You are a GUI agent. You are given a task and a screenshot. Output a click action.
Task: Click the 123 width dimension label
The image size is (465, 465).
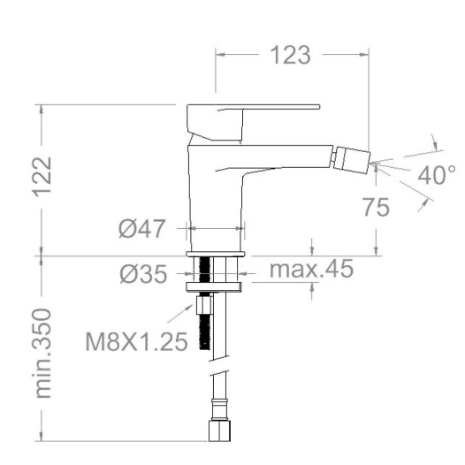(x=291, y=55)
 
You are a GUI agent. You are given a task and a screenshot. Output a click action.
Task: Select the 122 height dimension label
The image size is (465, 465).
(x=42, y=177)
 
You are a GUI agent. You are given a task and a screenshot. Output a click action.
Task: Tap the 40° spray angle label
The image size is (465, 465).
(x=437, y=175)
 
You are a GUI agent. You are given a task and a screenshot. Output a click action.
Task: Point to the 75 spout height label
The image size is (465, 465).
(x=376, y=207)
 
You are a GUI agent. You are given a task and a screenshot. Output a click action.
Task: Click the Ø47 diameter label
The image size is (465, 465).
(x=141, y=229)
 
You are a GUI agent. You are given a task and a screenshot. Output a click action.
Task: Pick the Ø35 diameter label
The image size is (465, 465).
(x=143, y=274)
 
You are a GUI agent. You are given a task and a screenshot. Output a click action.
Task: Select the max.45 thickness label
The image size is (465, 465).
(x=311, y=269)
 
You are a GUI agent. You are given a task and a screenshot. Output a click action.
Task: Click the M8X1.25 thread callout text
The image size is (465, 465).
(x=136, y=341)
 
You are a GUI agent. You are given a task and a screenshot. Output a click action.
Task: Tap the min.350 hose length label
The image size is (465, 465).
(x=42, y=354)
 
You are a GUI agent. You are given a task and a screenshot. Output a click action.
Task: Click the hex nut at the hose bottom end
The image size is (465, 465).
(x=219, y=431)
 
